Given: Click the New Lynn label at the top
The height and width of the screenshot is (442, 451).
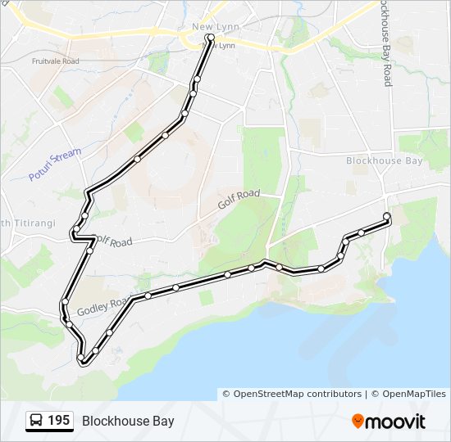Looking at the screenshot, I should (x=215, y=27).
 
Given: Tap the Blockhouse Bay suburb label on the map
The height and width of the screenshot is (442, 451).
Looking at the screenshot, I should (x=385, y=160).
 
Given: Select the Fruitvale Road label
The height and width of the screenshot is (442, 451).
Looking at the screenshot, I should (x=55, y=61).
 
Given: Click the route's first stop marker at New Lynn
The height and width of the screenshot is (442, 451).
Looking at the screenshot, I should (x=211, y=38).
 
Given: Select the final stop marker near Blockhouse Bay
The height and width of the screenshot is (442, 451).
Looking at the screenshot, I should (x=386, y=216).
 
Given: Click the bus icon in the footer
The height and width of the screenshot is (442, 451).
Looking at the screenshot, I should (x=37, y=421).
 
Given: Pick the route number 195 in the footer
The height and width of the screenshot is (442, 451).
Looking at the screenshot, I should (x=58, y=421).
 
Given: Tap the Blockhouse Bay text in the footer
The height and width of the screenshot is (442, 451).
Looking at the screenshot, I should (x=128, y=422).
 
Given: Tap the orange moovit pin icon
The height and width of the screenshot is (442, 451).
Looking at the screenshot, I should (x=358, y=421).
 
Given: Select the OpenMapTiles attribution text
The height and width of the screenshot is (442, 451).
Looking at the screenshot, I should (x=411, y=394).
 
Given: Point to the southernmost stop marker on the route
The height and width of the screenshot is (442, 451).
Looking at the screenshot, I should (x=81, y=359).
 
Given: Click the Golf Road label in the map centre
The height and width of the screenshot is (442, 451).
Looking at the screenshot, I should (x=239, y=199).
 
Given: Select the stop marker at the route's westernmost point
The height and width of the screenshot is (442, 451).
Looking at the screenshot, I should (x=63, y=303).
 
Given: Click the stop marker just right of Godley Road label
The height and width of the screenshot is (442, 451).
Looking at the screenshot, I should (x=148, y=295).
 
